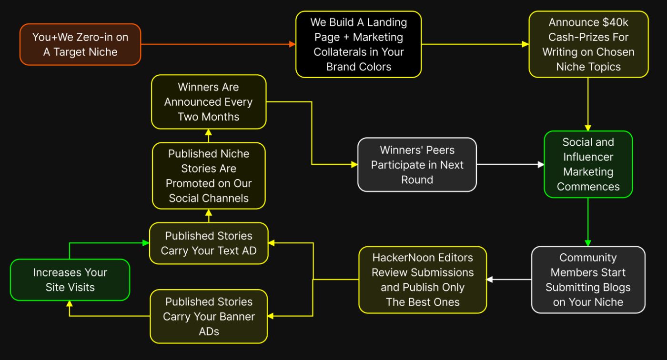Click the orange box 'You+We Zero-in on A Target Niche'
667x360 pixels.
[80, 44]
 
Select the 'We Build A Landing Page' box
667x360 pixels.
[358, 44]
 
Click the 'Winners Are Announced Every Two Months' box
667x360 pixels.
[209, 102]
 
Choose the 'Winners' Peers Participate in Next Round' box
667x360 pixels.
[417, 165]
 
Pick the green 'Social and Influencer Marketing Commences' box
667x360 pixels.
[588, 164]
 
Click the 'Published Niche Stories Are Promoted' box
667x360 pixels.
[209, 176]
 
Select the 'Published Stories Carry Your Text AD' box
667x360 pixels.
[209, 243]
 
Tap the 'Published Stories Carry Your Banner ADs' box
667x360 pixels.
[209, 316]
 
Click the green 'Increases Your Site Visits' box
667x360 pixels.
[70, 280]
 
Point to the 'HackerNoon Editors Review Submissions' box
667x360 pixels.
[423, 280]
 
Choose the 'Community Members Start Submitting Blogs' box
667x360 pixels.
[588, 280]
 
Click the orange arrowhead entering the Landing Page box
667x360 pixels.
[293, 44]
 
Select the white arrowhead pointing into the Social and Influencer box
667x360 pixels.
[541, 164]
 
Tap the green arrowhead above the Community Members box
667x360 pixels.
[588, 243]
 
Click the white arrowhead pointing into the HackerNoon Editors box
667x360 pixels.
[490, 280]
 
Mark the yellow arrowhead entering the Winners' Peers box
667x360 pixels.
[354, 164]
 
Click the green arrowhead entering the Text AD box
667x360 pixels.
[146, 243]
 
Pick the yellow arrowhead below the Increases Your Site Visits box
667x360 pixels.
[70, 304]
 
